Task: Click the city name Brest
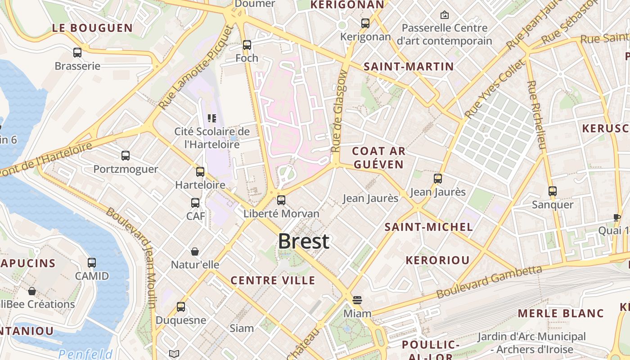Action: [304, 242]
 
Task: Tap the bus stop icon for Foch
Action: [247, 45]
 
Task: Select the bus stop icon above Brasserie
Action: [77, 53]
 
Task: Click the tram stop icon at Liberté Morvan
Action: [281, 200]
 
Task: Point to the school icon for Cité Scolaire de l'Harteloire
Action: [212, 118]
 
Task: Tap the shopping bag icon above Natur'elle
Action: [195, 251]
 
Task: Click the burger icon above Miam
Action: [357, 300]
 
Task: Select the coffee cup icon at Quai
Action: [616, 217]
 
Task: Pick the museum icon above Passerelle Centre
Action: [445, 15]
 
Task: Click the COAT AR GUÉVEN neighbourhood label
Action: [378, 157]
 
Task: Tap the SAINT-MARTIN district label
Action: [409, 67]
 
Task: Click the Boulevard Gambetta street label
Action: [489, 282]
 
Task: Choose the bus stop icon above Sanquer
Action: [553, 191]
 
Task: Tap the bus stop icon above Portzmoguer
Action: [126, 156]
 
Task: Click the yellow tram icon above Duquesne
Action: [181, 307]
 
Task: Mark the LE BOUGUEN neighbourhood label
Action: [93, 28]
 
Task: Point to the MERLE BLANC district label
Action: [561, 313]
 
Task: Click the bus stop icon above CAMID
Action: [92, 262]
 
